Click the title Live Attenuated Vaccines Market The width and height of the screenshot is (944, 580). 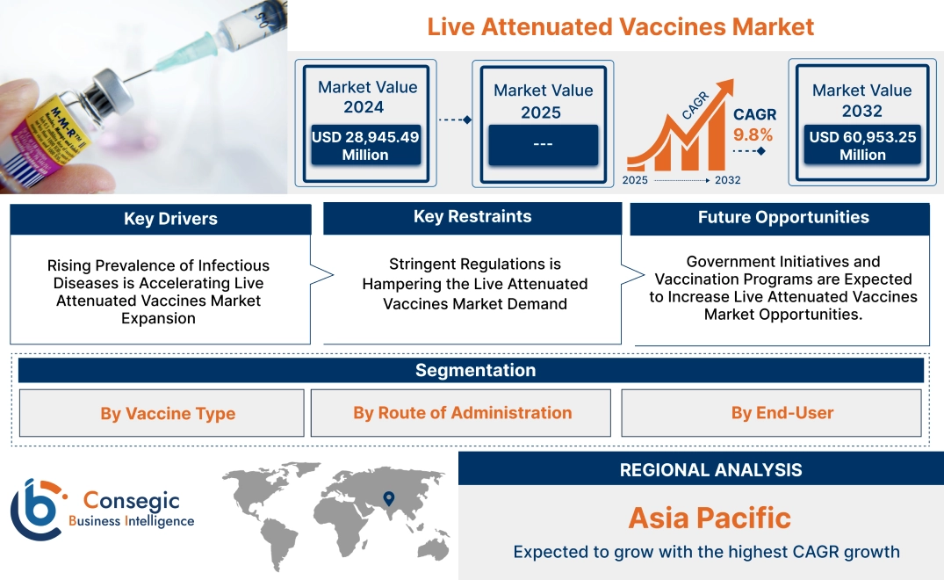pyautogui.click(x=620, y=26)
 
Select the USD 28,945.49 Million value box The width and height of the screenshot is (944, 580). pyautogui.click(x=364, y=145)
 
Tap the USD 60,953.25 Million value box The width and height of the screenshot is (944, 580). pyautogui.click(x=862, y=145)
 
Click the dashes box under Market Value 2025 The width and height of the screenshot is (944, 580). pyautogui.click(x=543, y=144)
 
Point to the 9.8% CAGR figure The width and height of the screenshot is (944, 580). pyautogui.click(x=753, y=134)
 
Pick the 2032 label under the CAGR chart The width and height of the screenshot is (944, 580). pyautogui.click(x=727, y=180)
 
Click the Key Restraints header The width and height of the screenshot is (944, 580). pyautogui.click(x=472, y=217)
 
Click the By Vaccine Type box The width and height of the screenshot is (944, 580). pyautogui.click(x=168, y=413)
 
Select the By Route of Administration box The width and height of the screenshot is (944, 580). pyautogui.click(x=463, y=413)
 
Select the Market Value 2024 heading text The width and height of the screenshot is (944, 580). pyautogui.click(x=368, y=97)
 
